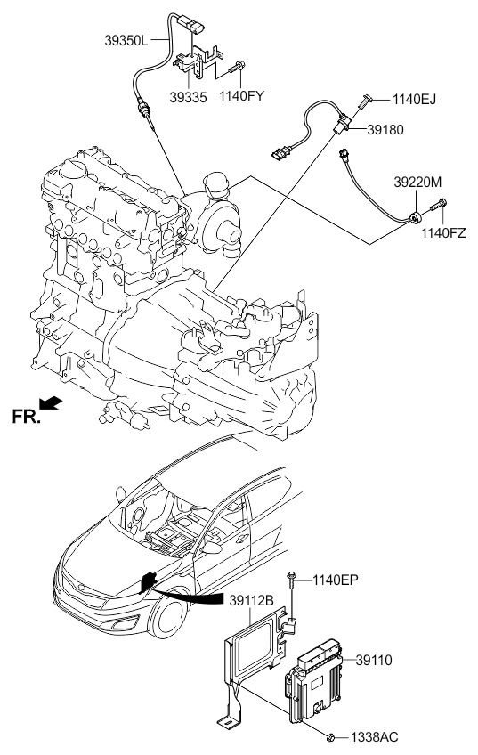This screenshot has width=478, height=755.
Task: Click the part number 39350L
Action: click(126, 40)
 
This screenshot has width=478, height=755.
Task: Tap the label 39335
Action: click(188, 97)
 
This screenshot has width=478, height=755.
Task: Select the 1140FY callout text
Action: click(241, 96)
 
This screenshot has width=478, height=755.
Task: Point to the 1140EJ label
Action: click(414, 100)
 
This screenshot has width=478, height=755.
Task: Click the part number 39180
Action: click(385, 130)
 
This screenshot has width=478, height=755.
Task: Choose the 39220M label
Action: click(417, 183)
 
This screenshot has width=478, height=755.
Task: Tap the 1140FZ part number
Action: click(444, 233)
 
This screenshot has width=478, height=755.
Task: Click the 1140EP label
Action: click(336, 580)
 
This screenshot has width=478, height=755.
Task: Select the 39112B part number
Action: click(251, 600)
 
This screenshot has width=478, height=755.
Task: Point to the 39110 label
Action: click(374, 660)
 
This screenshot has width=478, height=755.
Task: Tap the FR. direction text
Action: click(26, 417)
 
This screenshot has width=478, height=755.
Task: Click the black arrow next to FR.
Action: click(51, 403)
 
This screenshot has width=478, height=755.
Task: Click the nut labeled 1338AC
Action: click(330, 736)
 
